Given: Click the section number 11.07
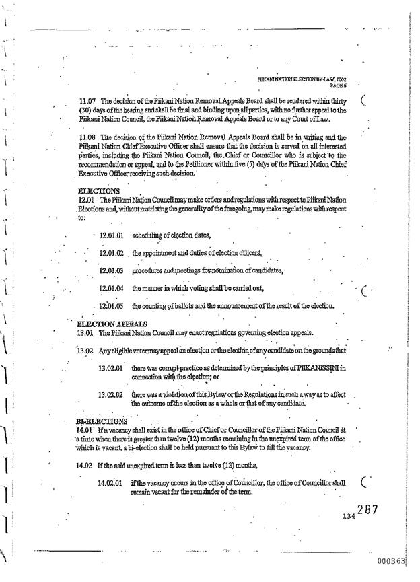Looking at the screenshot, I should (x=89, y=101).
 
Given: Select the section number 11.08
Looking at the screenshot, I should (x=89, y=137).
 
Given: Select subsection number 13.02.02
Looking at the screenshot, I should (x=110, y=395).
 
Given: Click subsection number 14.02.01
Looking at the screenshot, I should (x=110, y=483).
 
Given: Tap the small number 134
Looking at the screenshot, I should (x=348, y=517).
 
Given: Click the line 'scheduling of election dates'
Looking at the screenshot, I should (x=172, y=235).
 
